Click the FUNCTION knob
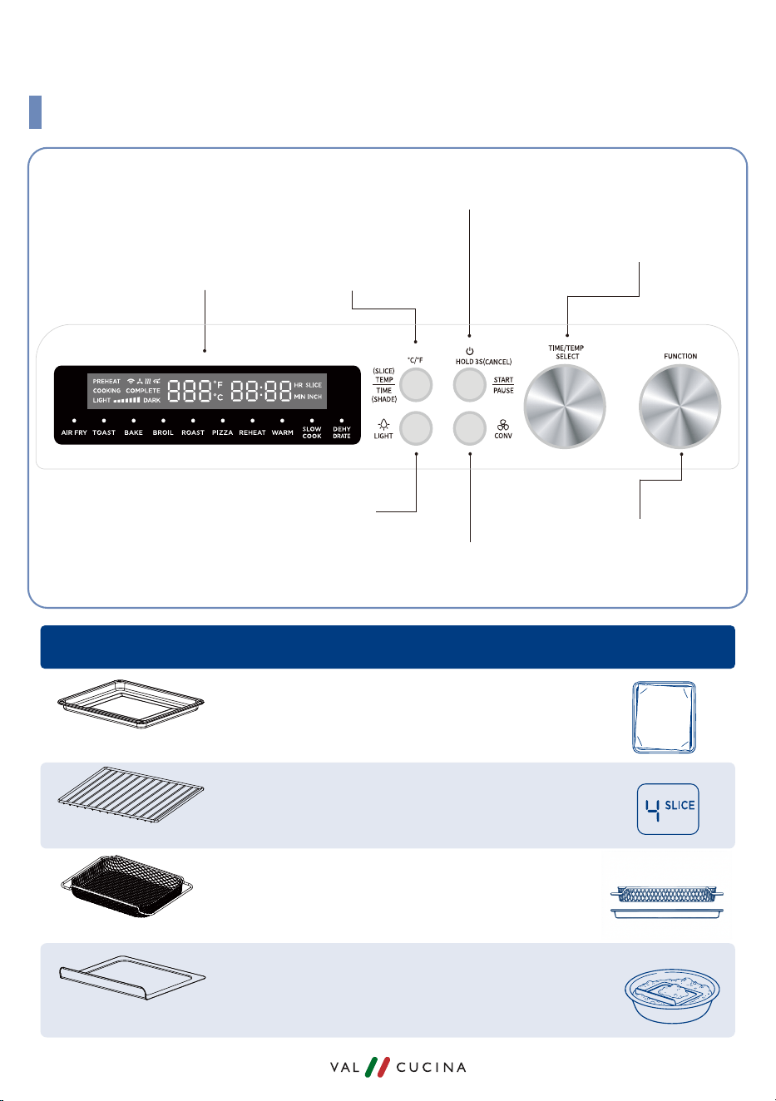[x=680, y=407]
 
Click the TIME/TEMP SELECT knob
[x=565, y=407]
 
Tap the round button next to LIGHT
[x=416, y=428]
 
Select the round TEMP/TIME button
[x=416, y=385]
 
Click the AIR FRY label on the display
[x=74, y=432]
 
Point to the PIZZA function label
[x=222, y=432]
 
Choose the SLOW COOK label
[x=312, y=432]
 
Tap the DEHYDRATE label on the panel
[x=342, y=432]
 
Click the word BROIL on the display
[x=163, y=432]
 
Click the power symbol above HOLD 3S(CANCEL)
[x=470, y=351]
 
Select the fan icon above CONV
[x=503, y=425]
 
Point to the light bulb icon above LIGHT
[x=383, y=424]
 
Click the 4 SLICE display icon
[x=668, y=808]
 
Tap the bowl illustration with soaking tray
[x=672, y=995]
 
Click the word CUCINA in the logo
[x=431, y=1068]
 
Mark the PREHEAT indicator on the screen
[x=106, y=382]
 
